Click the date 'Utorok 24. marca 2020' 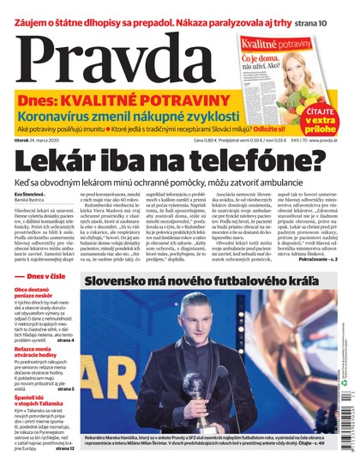(x=43, y=140)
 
